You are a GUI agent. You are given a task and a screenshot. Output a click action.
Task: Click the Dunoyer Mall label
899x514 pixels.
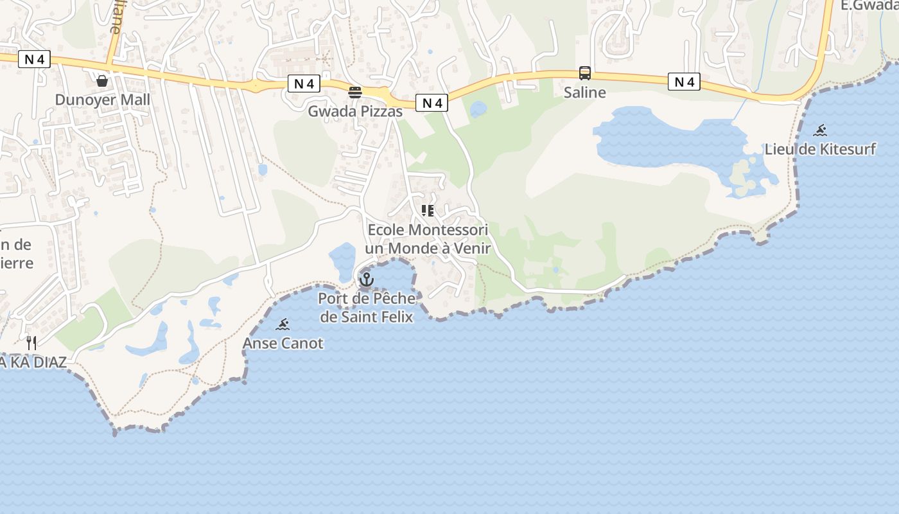[x=102, y=100]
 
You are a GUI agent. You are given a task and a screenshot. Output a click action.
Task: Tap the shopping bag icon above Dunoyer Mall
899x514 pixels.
[x=101, y=81]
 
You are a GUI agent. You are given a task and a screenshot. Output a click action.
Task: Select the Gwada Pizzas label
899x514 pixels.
[x=355, y=111]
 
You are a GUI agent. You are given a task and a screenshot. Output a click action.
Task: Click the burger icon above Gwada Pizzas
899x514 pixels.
[x=355, y=93]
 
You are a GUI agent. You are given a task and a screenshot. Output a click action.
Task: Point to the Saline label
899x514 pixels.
[x=584, y=93]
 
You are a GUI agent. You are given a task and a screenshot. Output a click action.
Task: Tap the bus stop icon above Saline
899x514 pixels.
[x=584, y=73]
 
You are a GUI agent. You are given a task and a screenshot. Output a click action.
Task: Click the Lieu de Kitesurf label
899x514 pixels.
[x=820, y=149]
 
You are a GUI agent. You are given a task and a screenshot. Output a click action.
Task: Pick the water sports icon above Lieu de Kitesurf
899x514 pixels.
[x=820, y=131]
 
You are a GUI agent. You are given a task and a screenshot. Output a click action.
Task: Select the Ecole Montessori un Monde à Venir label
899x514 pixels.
[x=428, y=239]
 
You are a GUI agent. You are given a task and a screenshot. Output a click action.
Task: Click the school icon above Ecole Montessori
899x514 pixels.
[x=428, y=211]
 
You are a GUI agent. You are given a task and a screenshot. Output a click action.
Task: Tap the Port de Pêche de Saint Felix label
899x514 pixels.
[x=367, y=307]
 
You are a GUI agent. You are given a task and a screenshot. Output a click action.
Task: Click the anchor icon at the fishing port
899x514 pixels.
[x=367, y=279]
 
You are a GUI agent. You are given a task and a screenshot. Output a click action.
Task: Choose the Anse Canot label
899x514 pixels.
[x=283, y=343]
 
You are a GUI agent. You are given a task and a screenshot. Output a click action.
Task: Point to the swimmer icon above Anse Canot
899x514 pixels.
[x=283, y=324]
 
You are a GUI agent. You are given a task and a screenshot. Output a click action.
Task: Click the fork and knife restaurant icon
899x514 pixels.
[x=31, y=343]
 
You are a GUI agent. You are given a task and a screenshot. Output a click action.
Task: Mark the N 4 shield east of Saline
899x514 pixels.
[x=684, y=82]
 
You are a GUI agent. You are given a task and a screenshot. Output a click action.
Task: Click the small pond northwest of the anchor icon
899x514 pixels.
[x=343, y=260]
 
